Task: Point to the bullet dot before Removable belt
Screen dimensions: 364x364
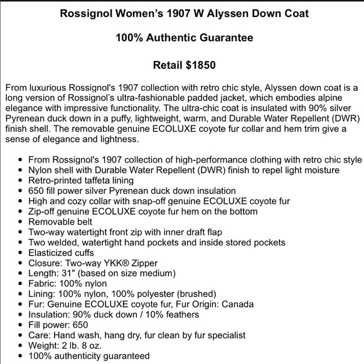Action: coord(21,222)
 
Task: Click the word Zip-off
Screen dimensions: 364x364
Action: coord(46,211)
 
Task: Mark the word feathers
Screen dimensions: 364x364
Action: coord(188,314)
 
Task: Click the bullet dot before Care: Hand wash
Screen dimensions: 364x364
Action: coord(21,335)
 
